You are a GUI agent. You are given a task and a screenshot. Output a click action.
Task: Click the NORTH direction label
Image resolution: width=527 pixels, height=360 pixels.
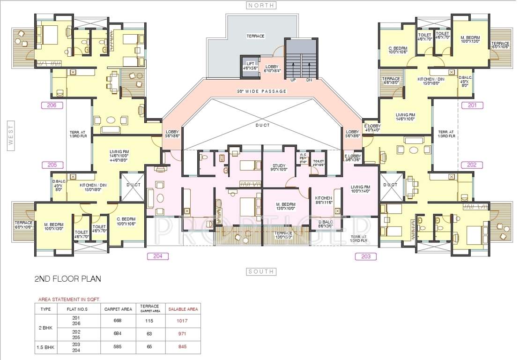click(x=261, y=6)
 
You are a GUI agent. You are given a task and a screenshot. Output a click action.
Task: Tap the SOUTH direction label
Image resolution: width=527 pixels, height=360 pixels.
click(x=261, y=272)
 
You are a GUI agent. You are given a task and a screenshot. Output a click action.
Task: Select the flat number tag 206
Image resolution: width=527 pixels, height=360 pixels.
click(x=52, y=105)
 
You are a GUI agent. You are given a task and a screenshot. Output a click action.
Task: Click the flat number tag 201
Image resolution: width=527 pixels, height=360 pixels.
click(x=472, y=105)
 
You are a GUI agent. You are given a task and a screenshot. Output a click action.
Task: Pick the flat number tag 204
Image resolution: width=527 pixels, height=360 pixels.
click(x=157, y=256)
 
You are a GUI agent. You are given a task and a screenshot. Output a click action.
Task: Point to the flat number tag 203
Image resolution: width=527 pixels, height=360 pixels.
click(x=366, y=256)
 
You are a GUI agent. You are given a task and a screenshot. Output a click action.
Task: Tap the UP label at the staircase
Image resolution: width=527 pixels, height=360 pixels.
click(x=293, y=80)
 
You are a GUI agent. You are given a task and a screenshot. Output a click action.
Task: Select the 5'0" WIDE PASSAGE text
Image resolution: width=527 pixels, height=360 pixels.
click(x=261, y=91)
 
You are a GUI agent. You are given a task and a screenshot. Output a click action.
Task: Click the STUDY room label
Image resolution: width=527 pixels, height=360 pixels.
click(x=279, y=165)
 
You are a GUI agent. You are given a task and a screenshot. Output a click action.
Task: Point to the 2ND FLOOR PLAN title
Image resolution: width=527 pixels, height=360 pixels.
click(x=67, y=279)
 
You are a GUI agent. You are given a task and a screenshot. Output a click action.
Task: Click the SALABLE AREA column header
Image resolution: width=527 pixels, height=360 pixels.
click(x=183, y=309)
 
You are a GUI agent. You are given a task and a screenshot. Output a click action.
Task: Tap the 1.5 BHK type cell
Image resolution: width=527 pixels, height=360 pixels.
click(x=46, y=347)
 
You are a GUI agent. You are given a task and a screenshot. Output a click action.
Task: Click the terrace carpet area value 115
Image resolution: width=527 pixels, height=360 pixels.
click(x=149, y=321)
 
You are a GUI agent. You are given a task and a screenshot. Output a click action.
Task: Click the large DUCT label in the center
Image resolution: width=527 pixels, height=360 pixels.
click(x=262, y=126)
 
